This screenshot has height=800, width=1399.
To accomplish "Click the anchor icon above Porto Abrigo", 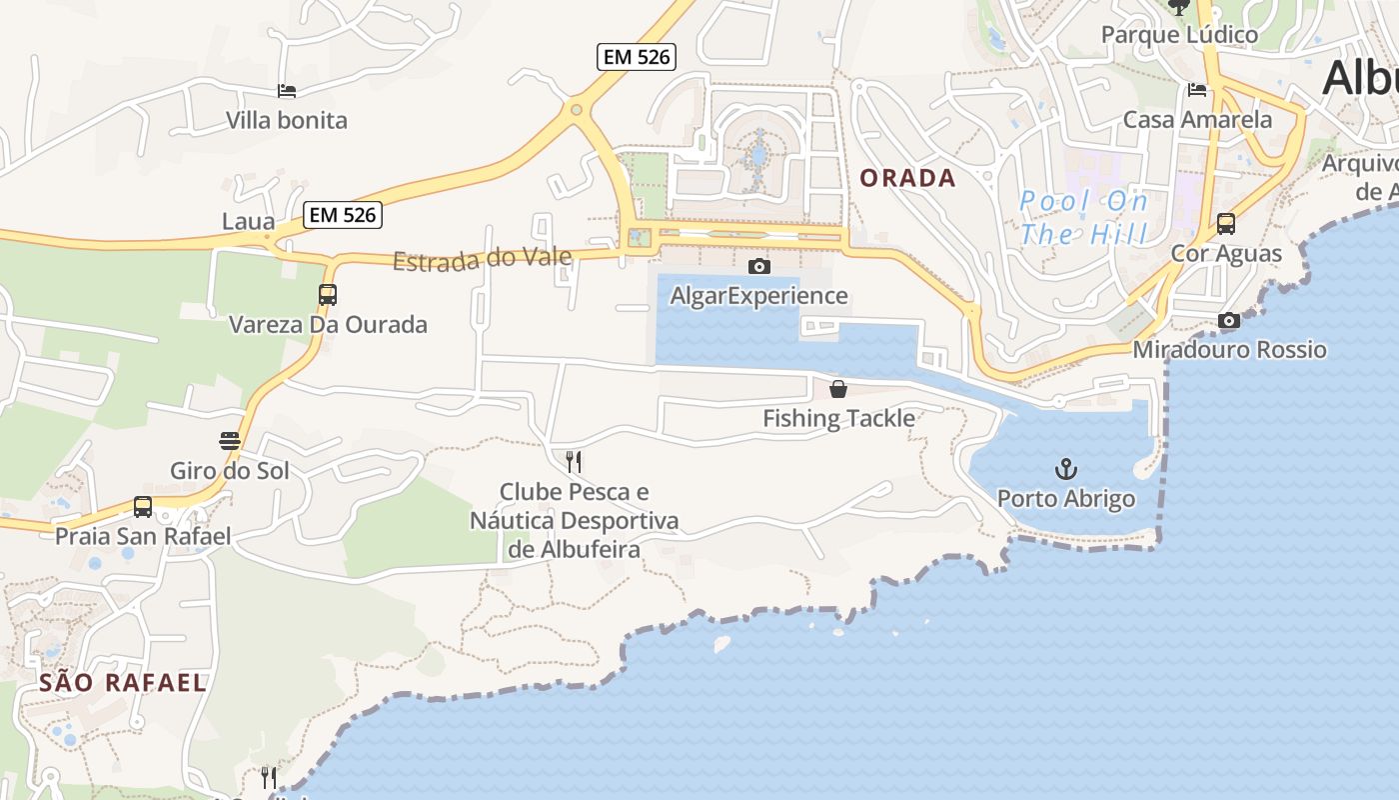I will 1066,469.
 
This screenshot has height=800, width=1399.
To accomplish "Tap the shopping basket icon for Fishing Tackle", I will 838,389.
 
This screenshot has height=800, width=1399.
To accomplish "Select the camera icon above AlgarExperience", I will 759,266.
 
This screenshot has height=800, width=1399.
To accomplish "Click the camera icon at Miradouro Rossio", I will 1229,320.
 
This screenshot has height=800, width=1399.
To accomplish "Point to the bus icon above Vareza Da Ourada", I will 328,295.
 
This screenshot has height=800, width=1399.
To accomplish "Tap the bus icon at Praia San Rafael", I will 143,507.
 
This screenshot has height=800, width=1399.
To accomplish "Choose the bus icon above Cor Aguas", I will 1226,224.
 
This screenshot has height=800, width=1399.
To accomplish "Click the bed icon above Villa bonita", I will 287,91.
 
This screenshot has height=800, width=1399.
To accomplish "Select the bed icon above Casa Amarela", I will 1197,90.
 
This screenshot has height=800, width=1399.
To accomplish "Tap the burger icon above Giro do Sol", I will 230,441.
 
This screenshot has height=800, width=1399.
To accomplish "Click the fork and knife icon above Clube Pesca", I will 574,461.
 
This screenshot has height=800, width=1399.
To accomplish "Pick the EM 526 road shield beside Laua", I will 343,215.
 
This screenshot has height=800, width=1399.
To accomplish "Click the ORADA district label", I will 908,179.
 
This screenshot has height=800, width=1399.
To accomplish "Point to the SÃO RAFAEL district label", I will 123,683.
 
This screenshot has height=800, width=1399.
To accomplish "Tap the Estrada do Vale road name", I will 482,259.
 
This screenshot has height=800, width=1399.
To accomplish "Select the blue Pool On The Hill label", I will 1083,218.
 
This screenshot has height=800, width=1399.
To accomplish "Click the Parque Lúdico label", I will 1179,35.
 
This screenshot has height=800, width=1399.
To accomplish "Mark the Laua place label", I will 248,221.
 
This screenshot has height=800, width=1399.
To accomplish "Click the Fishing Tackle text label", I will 838,418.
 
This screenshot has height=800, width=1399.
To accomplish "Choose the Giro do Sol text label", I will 230,470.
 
